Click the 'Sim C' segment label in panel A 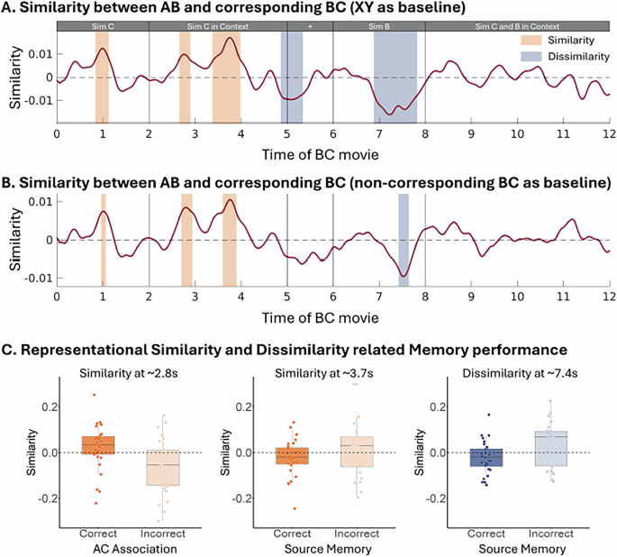(x=103, y=27)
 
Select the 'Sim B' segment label (x=379, y=27)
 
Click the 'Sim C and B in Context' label (x=517, y=27)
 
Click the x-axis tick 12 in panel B (x=609, y=295)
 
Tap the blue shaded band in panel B (x=403, y=240)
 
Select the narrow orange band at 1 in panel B (x=104, y=240)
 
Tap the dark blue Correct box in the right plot (x=487, y=456)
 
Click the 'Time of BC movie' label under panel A (x=332, y=151)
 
